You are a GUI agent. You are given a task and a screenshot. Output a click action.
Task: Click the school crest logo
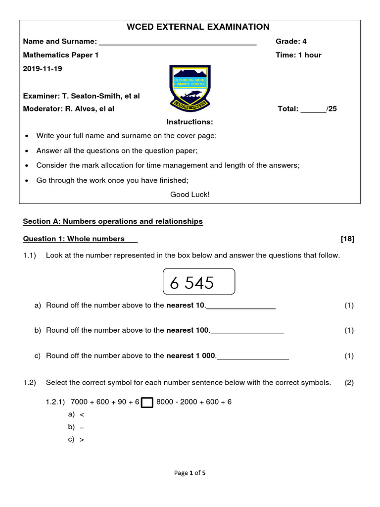click(x=189, y=89)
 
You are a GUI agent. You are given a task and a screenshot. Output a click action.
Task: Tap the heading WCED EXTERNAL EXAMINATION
click(x=190, y=27)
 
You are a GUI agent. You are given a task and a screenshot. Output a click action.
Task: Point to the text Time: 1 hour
click(x=298, y=55)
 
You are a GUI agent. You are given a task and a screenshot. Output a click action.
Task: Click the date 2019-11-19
click(x=43, y=68)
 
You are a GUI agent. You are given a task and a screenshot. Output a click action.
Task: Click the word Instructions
click(x=190, y=122)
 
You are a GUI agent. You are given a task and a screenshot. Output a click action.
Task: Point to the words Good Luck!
click(x=190, y=195)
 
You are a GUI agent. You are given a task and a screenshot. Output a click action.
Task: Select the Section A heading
click(x=113, y=221)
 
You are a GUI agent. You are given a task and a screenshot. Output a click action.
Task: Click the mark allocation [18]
click(x=347, y=239)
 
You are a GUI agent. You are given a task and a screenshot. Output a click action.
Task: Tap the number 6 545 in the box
click(x=192, y=283)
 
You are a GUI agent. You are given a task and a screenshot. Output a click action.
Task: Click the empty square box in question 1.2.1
click(x=147, y=403)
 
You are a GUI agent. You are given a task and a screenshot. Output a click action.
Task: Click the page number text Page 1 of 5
click(x=190, y=473)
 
